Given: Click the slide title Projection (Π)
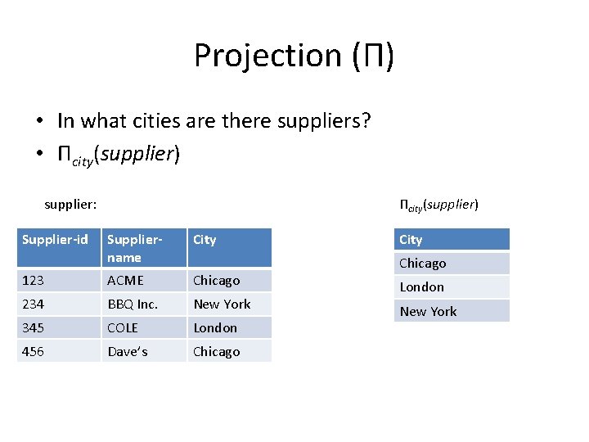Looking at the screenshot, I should pos(294,56).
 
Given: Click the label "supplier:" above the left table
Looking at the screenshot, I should pos(70,204).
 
